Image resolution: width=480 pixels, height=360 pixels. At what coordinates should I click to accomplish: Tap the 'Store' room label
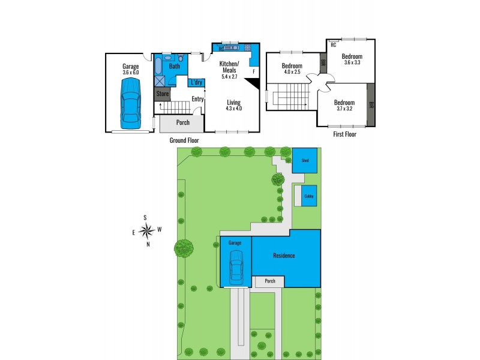(x=162, y=94)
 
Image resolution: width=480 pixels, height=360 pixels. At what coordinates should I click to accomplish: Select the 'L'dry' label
(x=196, y=83)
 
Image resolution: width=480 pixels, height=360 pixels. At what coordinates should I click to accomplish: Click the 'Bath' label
(x=174, y=67)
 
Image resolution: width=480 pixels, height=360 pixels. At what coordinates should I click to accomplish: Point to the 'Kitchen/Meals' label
(x=230, y=67)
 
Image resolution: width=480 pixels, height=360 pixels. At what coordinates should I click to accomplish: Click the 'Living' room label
(x=233, y=101)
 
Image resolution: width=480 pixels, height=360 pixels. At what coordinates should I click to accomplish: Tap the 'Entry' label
(x=197, y=99)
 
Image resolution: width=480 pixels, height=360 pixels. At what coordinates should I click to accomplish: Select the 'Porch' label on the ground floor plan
(x=182, y=122)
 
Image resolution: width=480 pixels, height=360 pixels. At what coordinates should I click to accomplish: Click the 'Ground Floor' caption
(x=184, y=140)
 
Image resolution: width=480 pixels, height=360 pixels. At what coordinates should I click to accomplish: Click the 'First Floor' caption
(x=344, y=135)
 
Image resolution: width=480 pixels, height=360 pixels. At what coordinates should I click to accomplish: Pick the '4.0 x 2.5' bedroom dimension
(x=292, y=73)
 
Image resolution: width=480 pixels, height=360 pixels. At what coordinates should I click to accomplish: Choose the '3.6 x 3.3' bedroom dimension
(x=353, y=62)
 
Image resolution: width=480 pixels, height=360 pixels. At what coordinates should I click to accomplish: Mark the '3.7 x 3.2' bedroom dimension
(x=344, y=109)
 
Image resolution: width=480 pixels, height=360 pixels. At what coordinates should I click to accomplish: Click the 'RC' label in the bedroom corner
(x=333, y=44)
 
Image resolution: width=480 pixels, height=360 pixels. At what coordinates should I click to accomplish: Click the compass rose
(x=146, y=230)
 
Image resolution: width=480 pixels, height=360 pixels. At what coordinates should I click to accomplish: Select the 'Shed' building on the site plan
(x=305, y=160)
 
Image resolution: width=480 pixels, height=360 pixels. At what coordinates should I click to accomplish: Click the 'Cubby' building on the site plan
(x=308, y=196)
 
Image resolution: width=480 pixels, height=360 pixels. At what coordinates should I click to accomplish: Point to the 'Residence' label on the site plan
(x=284, y=256)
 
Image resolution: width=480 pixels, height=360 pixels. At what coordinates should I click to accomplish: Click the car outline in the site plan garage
(x=236, y=267)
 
